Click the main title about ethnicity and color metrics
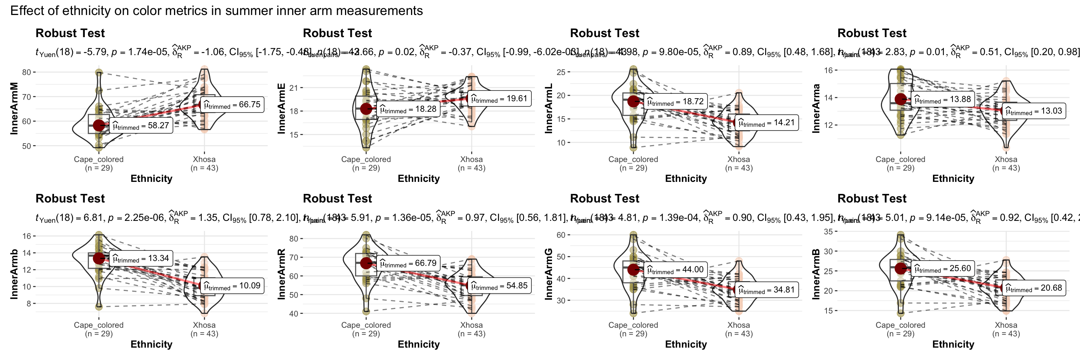coord(216,10)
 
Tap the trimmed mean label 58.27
coord(141,126)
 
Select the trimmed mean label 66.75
coord(232,105)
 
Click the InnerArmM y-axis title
coord(14,108)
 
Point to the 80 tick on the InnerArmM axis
coord(26,72)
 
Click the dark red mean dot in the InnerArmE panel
coord(366,109)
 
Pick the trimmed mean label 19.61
coord(499,99)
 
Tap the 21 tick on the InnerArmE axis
coord(294,88)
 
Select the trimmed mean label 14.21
coord(766,123)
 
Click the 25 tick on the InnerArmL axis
coord(561,72)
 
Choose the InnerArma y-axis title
coord(816,108)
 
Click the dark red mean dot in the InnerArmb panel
coord(99,258)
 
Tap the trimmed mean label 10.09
coord(232,286)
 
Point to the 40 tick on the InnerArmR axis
coord(294,313)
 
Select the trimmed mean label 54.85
coord(499,286)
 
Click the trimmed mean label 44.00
coord(675,270)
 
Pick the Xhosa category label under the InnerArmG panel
coord(739,325)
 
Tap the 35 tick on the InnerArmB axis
coord(828,231)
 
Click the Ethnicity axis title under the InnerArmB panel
coord(953,344)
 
